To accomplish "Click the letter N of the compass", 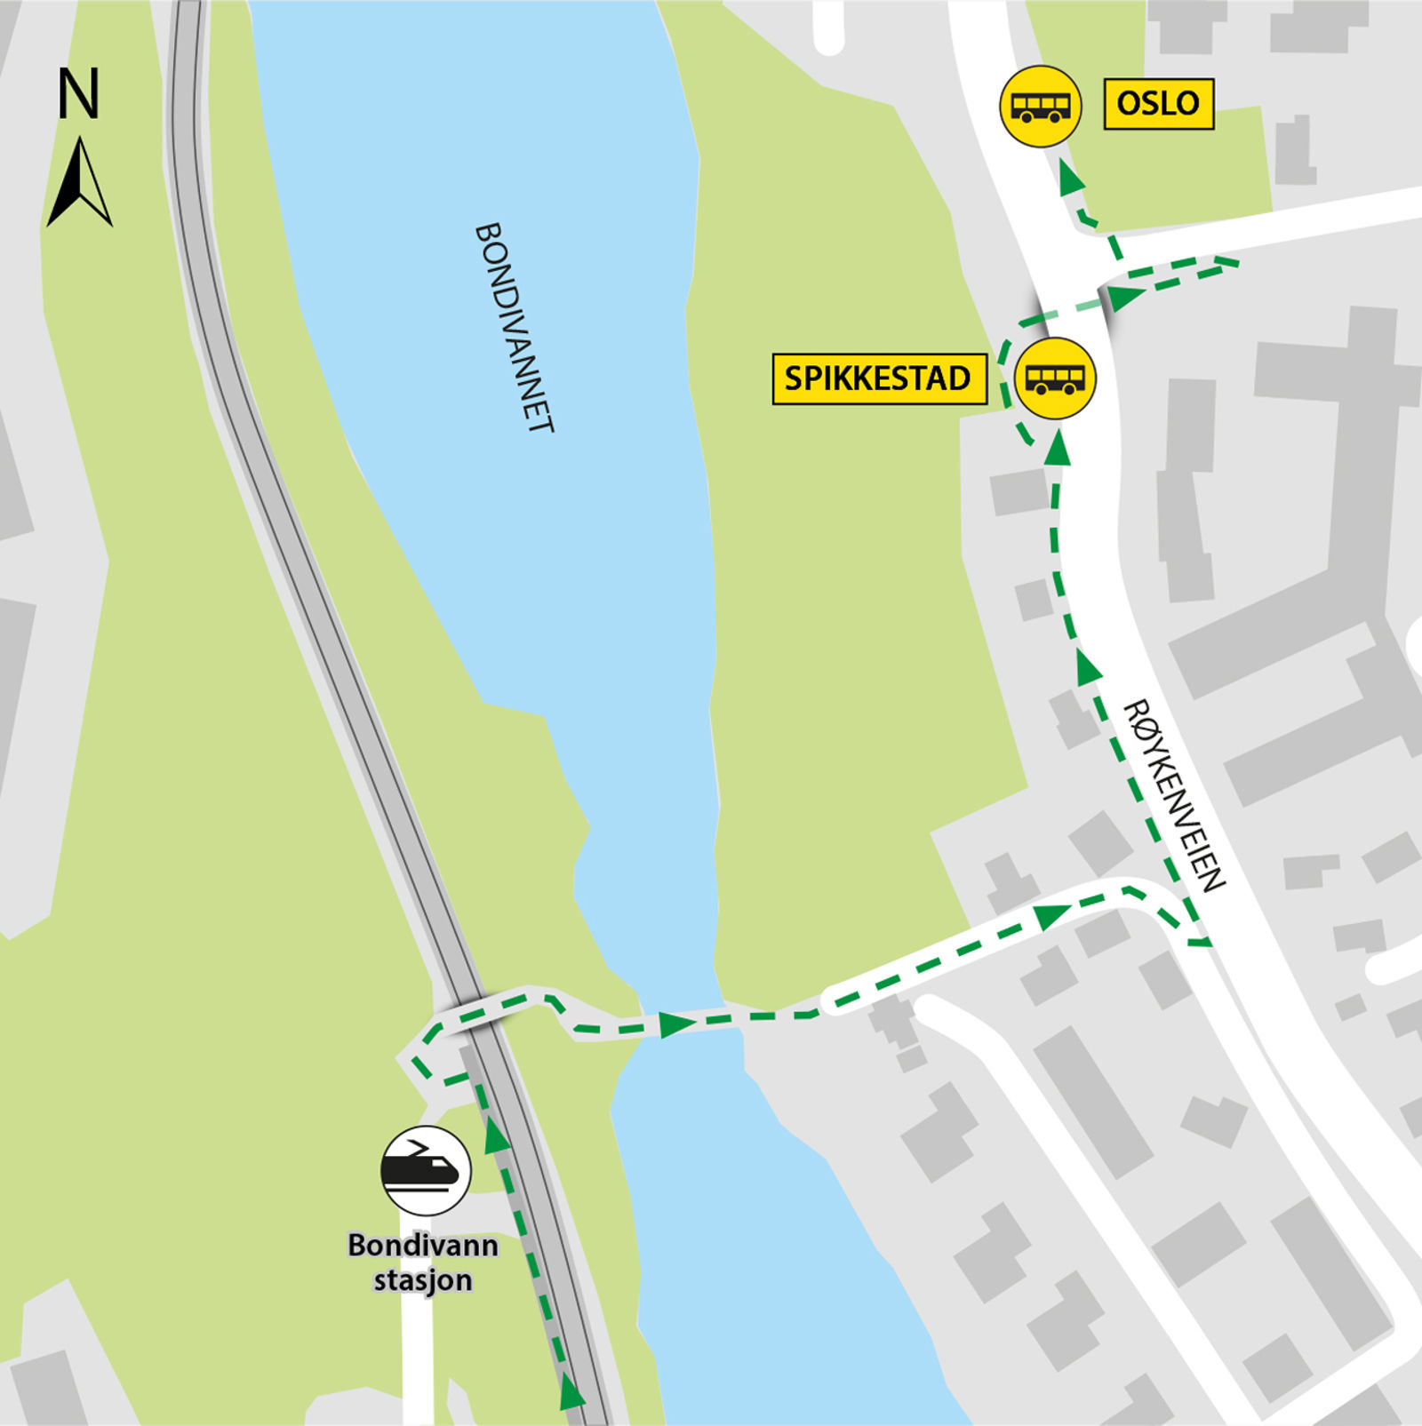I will [x=78, y=94].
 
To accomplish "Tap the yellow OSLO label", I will [x=1158, y=104].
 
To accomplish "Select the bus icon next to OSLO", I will [x=1041, y=107].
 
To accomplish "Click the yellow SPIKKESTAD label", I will [x=878, y=379].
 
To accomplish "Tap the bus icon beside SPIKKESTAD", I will [x=1056, y=378].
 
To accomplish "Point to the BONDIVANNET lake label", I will [x=515, y=327].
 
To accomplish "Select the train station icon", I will [x=426, y=1170].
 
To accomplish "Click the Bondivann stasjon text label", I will [x=423, y=1262].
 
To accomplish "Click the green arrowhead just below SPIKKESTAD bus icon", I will [x=1058, y=450].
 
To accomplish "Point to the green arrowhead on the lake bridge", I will [x=677, y=1024].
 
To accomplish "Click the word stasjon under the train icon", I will [x=423, y=1281].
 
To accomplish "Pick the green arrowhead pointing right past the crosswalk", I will [x=1125, y=297].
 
